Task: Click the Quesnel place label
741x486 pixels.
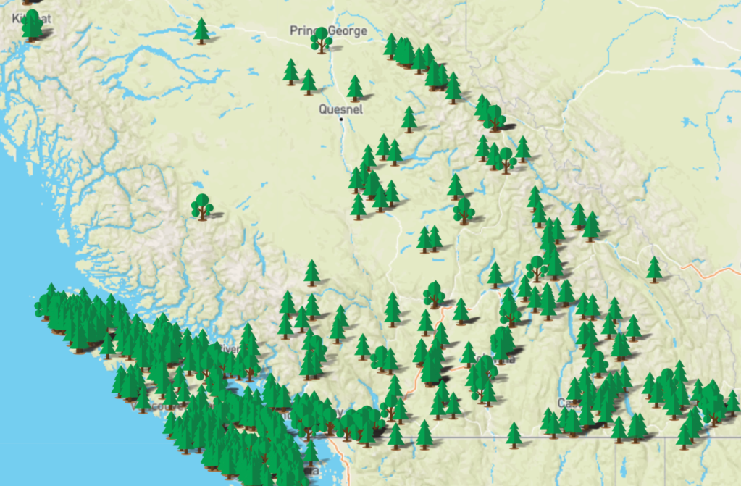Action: (340, 109)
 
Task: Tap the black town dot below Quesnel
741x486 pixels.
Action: (340, 118)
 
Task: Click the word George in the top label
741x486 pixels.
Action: (348, 31)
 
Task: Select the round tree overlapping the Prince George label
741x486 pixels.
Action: (321, 40)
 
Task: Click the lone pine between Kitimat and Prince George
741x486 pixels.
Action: (201, 30)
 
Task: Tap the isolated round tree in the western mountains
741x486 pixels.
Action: (202, 206)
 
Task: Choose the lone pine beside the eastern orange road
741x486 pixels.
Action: (654, 269)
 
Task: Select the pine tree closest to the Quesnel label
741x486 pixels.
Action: (354, 88)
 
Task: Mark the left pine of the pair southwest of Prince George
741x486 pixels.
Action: (290, 72)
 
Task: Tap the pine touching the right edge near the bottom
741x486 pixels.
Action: (732, 403)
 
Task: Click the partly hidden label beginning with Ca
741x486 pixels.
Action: (564, 402)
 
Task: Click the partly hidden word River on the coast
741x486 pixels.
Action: (230, 349)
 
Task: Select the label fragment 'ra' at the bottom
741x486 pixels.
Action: (312, 471)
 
